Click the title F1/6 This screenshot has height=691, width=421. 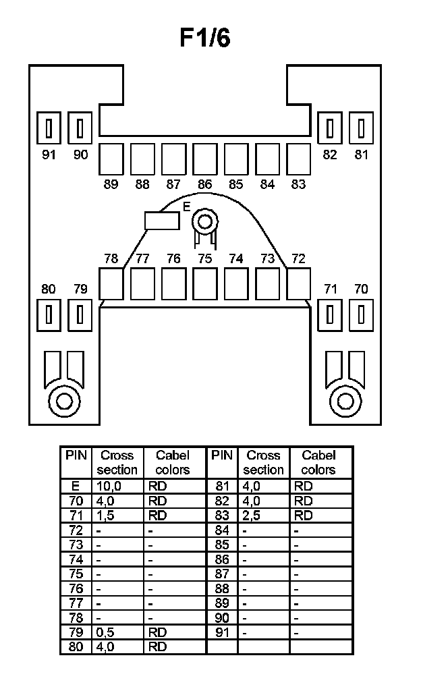pyautogui.click(x=205, y=39)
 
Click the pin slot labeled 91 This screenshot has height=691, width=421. pyautogui.click(x=49, y=128)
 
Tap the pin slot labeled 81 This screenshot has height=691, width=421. pyautogui.click(x=362, y=128)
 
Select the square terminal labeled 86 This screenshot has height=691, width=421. pyautogui.click(x=204, y=159)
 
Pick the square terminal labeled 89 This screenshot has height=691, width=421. pyautogui.click(x=111, y=159)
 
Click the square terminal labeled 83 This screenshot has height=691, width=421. pyautogui.click(x=298, y=159)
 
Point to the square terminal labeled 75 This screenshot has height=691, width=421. pyautogui.click(x=204, y=283)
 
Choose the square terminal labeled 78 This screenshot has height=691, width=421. pyautogui.click(x=111, y=283)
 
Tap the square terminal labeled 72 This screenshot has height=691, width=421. pyautogui.click(x=298, y=283)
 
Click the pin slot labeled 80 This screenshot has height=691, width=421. pyautogui.click(x=49, y=314)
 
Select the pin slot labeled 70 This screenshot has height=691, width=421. pyautogui.click(x=362, y=314)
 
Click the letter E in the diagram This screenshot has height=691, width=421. pyautogui.click(x=187, y=207)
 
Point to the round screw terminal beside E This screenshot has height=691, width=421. pyautogui.click(x=203, y=220)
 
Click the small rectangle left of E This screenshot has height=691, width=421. pyautogui.click(x=162, y=220)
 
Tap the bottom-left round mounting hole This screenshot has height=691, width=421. pyautogui.click(x=65, y=401)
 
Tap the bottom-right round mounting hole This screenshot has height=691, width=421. pyautogui.click(x=345, y=401)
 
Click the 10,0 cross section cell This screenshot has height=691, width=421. pyautogui.click(x=117, y=486)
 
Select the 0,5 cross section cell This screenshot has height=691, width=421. pyautogui.click(x=117, y=632)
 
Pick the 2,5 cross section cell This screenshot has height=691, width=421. pyautogui.click(x=263, y=516)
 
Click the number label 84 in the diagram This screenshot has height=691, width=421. pyautogui.click(x=267, y=184)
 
